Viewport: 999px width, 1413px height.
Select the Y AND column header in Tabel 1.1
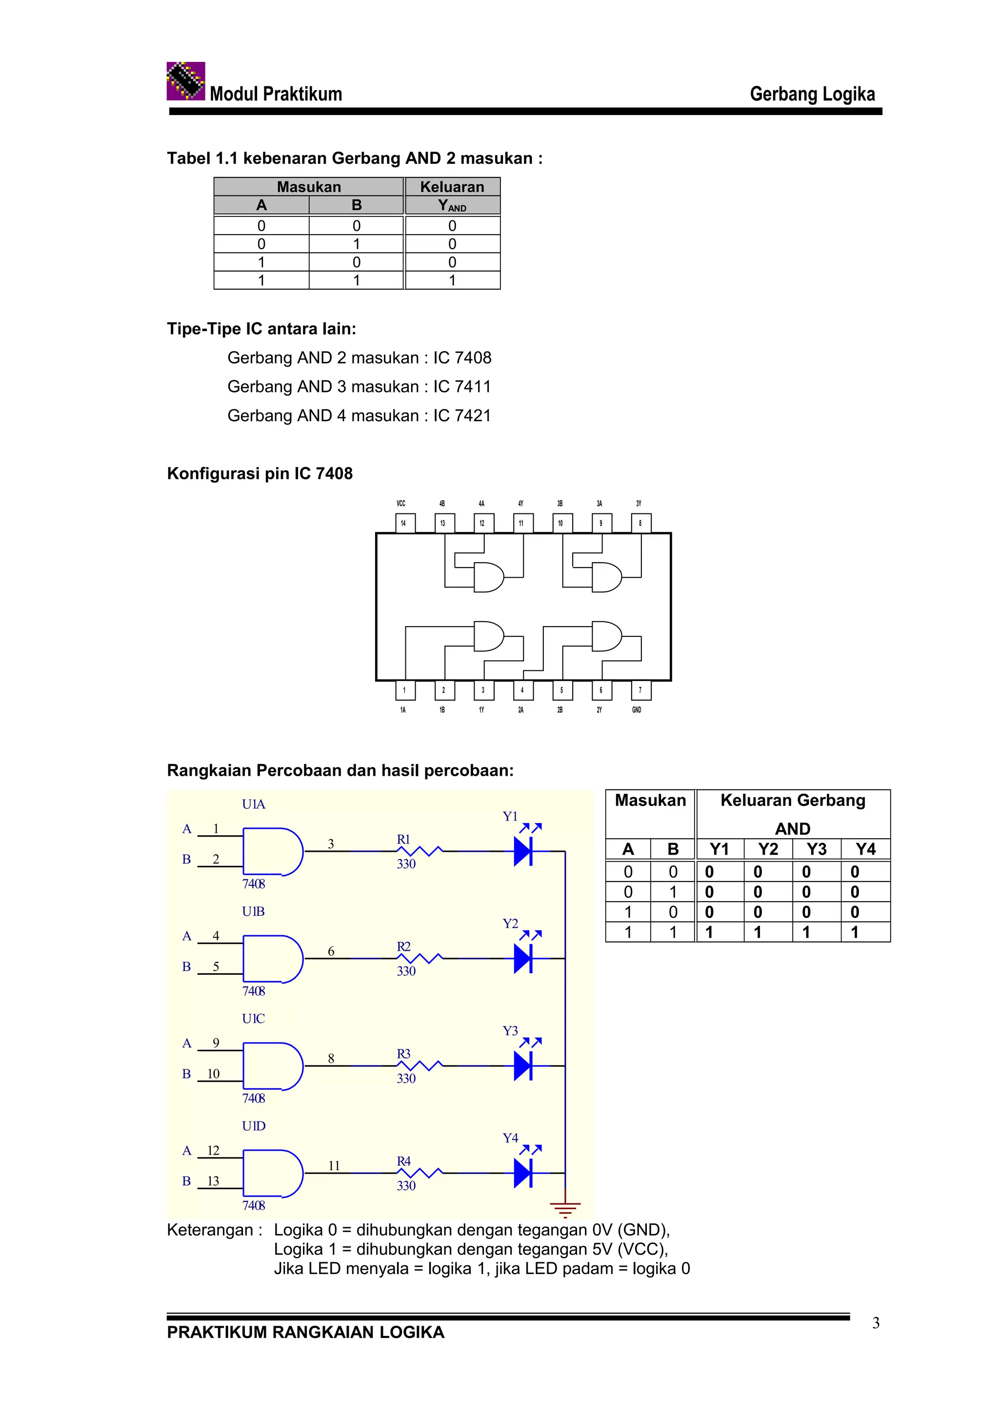click(x=452, y=206)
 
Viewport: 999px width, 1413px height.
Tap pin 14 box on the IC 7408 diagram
click(x=404, y=523)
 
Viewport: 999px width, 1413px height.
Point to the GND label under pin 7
click(x=637, y=709)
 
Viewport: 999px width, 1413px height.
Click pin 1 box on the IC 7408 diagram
click(x=405, y=690)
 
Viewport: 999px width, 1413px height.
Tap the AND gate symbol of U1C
click(x=273, y=1066)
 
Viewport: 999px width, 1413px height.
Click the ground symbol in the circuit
click(x=565, y=1209)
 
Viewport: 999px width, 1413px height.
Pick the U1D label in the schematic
click(x=253, y=1126)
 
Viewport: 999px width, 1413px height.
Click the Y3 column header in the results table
click(x=816, y=849)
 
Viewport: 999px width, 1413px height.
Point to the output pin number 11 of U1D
click(x=334, y=1166)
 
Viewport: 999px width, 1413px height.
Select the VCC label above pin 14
click(x=400, y=503)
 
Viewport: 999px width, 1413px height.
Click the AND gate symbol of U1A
click(x=273, y=852)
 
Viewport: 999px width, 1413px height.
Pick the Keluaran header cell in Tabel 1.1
click(x=452, y=186)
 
